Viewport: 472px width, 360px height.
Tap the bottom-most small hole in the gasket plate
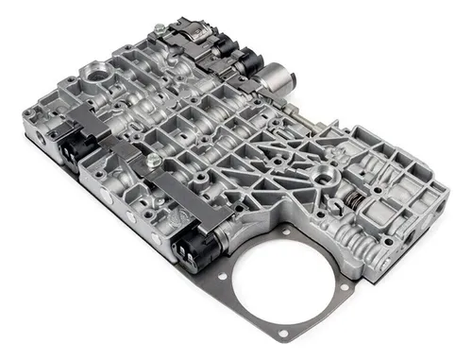click(x=279, y=338)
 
